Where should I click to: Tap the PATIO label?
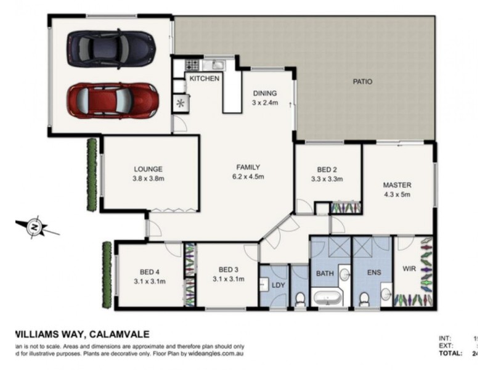pos(362,81)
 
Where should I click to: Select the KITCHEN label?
pos(205,79)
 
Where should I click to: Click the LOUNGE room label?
pos(148,169)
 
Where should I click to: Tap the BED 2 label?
pos(327,170)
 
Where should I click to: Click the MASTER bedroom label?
pos(397,185)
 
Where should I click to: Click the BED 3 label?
pos(228,269)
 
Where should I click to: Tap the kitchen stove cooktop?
pos(192,64)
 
